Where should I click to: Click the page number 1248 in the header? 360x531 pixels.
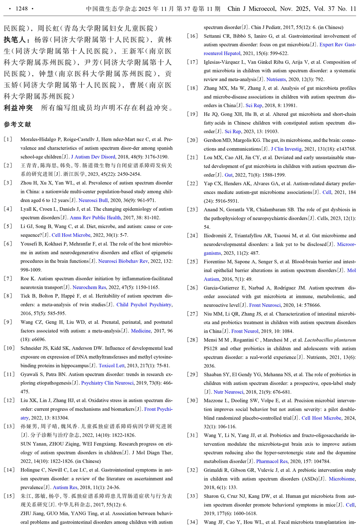(x=22, y=9)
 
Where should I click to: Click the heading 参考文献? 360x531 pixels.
(x=17, y=124)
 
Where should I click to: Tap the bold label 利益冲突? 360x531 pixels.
(x=18, y=108)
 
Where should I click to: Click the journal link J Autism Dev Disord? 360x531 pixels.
(x=93, y=157)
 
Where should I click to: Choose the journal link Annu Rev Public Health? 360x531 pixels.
(x=95, y=218)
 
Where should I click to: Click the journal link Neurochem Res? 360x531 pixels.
(x=89, y=287)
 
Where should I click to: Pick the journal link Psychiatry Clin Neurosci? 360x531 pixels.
(x=107, y=383)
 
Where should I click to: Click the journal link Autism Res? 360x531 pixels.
(x=65, y=487)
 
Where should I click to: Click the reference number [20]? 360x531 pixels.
(x=193, y=140)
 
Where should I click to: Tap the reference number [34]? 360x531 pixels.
(x=193, y=522)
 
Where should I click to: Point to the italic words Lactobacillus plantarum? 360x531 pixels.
(x=330, y=340)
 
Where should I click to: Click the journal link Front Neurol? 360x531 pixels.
(x=245, y=331)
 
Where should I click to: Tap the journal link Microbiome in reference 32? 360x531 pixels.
(x=342, y=479)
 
